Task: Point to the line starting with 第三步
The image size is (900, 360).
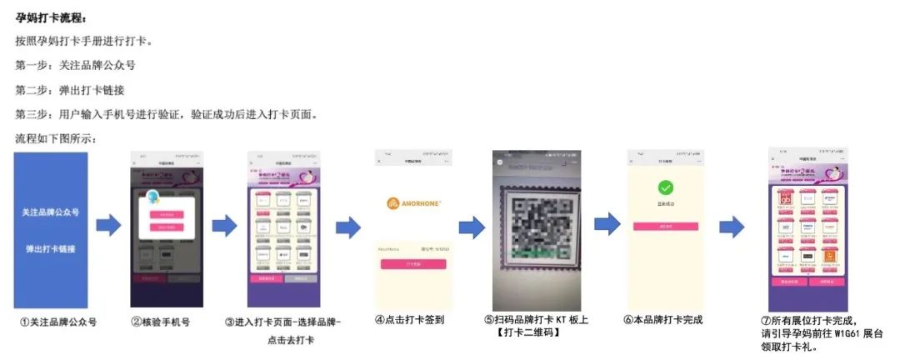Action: point(166,113)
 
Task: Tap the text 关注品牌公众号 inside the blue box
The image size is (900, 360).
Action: point(51,212)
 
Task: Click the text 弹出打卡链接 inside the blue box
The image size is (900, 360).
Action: point(51,249)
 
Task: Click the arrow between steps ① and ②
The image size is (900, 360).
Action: point(108,224)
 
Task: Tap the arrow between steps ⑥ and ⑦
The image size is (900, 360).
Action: point(732,226)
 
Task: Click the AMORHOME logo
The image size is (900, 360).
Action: point(413,202)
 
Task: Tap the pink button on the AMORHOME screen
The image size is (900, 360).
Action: point(413,263)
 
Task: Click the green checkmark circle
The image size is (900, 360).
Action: point(665,187)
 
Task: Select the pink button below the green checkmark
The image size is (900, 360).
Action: point(665,226)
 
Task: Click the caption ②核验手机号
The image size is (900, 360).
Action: point(160,321)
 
